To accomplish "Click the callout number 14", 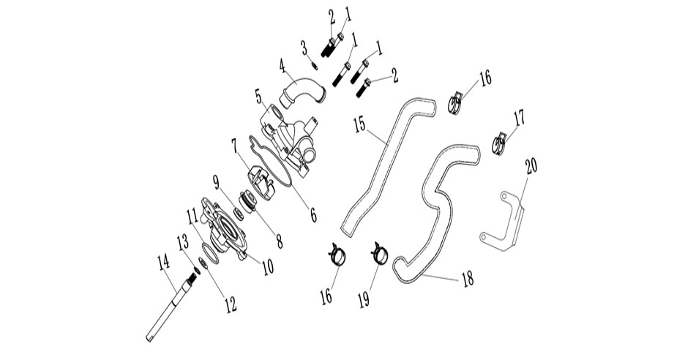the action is [x=163, y=263].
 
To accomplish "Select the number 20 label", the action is [x=531, y=166].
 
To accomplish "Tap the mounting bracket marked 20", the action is [x=502, y=221].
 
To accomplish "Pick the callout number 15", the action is [x=359, y=124].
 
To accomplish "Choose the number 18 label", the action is [x=468, y=280].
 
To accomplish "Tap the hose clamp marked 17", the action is [x=499, y=143].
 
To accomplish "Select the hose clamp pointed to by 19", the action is [x=379, y=254].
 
